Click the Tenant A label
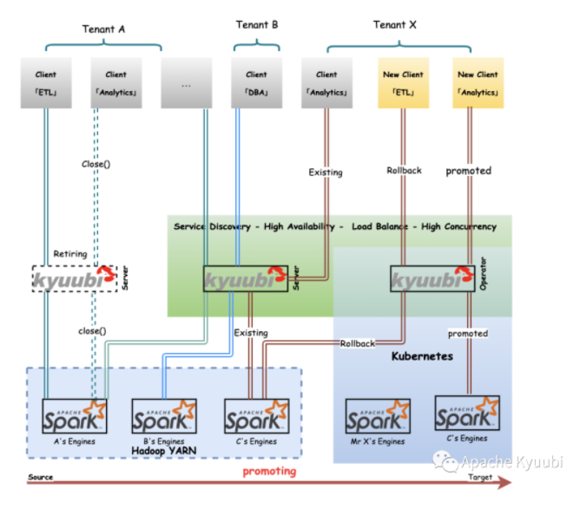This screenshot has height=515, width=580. [104, 29]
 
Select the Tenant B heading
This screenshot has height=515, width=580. [257, 25]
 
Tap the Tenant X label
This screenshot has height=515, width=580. [395, 25]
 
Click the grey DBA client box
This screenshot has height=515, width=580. [257, 82]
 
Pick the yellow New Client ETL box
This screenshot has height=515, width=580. [404, 82]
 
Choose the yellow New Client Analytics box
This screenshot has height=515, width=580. [478, 82]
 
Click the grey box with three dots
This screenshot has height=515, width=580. [188, 82]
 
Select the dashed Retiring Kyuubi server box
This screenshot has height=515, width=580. [75, 279]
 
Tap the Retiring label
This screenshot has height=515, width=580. [70, 254]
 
